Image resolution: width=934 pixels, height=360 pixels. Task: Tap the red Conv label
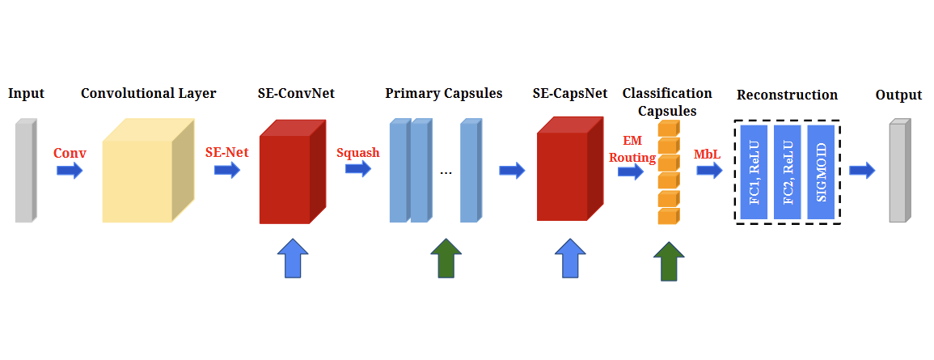(70, 153)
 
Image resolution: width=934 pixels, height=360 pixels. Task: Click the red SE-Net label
(227, 153)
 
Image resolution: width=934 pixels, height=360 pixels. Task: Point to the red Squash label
(357, 153)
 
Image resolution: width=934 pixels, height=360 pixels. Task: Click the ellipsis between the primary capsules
(445, 172)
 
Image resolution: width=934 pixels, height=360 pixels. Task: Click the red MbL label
(707, 153)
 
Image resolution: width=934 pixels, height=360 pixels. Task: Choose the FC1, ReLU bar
(754, 171)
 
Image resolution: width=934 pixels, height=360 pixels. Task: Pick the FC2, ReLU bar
(788, 171)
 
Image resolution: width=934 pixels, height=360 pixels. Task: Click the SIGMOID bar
(821, 171)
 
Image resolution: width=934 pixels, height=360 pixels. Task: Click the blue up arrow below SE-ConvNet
(293, 258)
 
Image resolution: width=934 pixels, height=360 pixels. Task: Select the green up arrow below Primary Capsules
(446, 258)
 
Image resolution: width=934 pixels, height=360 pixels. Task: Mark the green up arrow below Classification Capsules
(669, 260)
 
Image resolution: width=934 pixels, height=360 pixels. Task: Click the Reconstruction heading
(787, 95)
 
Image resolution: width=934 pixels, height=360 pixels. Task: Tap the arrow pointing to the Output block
(862, 171)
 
